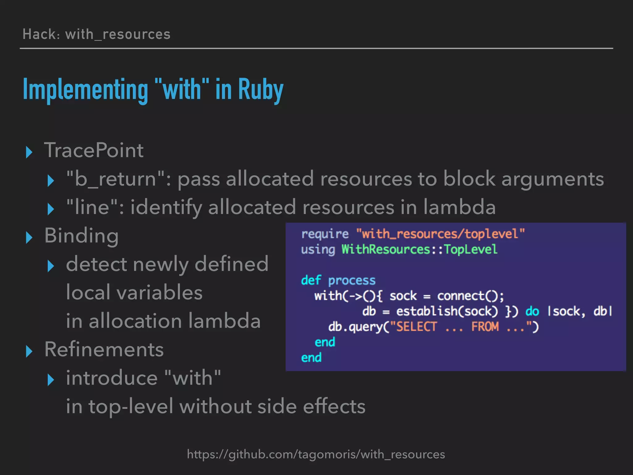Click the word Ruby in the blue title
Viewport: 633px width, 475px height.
(261, 89)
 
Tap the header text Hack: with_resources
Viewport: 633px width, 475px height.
(96, 34)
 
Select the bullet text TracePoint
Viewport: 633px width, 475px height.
(94, 150)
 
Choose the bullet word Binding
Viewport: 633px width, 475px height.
(81, 236)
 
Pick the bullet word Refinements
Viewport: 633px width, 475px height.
(104, 349)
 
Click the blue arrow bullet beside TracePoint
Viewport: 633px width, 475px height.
(29, 152)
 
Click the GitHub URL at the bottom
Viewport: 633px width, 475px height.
(316, 454)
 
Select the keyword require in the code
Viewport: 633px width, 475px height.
(325, 234)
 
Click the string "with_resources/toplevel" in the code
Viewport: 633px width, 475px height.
(440, 234)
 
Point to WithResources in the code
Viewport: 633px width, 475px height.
(385, 249)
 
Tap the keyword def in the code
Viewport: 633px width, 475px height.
(311, 280)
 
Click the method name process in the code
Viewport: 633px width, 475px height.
(352, 280)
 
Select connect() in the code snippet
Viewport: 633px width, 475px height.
(470, 296)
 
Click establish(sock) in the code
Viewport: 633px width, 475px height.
(447, 311)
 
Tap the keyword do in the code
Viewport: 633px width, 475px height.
(532, 311)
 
